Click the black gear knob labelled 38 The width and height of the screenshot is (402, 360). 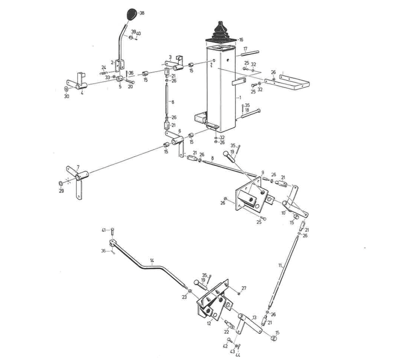[131, 14]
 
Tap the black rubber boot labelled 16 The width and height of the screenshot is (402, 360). [220, 32]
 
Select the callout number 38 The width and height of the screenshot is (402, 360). [142, 13]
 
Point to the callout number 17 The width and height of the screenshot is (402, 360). [245, 49]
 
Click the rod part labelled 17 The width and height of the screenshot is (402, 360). [250, 53]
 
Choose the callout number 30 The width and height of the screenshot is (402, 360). [66, 96]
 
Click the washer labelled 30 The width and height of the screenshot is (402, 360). [66, 89]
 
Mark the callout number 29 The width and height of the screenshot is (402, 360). [62, 191]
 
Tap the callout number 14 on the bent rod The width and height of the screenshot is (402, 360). [152, 260]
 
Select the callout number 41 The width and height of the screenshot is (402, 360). [104, 230]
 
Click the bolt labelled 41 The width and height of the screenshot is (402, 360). [112, 231]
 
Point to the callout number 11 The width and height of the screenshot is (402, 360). [280, 266]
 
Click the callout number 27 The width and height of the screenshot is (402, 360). [244, 288]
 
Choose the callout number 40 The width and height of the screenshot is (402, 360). [139, 33]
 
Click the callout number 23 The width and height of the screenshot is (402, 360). [184, 297]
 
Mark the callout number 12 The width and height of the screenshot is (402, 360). [209, 324]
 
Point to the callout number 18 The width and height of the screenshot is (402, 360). [247, 110]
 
